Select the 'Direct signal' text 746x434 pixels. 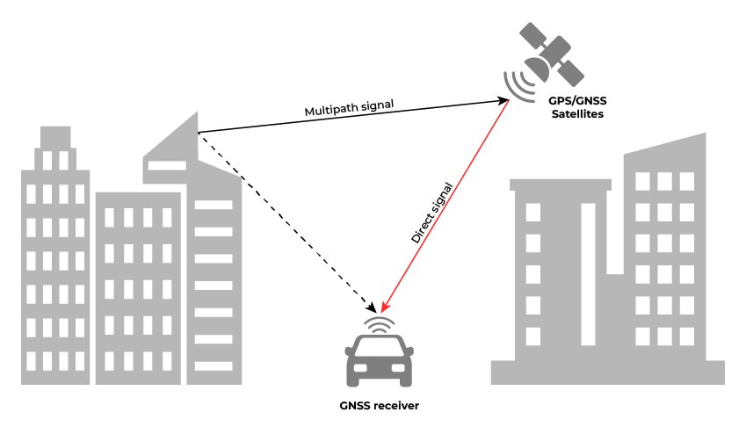[432, 213]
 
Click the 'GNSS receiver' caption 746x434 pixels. [379, 406]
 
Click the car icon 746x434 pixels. [380, 361]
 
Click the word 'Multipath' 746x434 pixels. [327, 112]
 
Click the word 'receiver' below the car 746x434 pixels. [397, 406]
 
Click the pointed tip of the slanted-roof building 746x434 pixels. [196, 113]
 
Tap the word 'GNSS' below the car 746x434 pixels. [356, 406]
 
